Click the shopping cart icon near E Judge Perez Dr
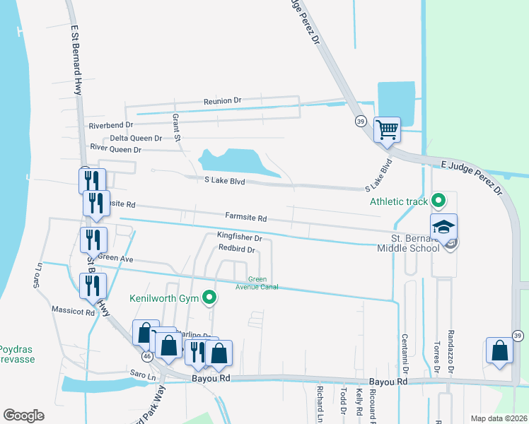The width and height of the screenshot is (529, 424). click(x=387, y=130)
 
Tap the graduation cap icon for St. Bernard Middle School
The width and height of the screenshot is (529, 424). click(x=444, y=228)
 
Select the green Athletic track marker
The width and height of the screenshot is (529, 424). click(x=438, y=201)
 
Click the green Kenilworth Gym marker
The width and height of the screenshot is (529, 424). click(x=209, y=298)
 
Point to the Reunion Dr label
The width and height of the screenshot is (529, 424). click(x=222, y=101)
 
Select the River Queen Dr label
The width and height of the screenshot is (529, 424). click(x=116, y=149)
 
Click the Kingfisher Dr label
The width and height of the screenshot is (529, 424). click(x=239, y=238)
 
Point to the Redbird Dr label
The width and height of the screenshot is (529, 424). click(x=236, y=249)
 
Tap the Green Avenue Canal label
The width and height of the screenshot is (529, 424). click(x=257, y=283)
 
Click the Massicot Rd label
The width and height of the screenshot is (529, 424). click(x=73, y=310)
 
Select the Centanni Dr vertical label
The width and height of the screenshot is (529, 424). click(x=405, y=354)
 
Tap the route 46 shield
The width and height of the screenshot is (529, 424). click(x=146, y=357)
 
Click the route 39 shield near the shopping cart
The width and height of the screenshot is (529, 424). click(x=361, y=121)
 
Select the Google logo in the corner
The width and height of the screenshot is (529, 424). click(x=23, y=416)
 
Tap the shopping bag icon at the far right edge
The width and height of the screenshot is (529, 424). click(x=499, y=351)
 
